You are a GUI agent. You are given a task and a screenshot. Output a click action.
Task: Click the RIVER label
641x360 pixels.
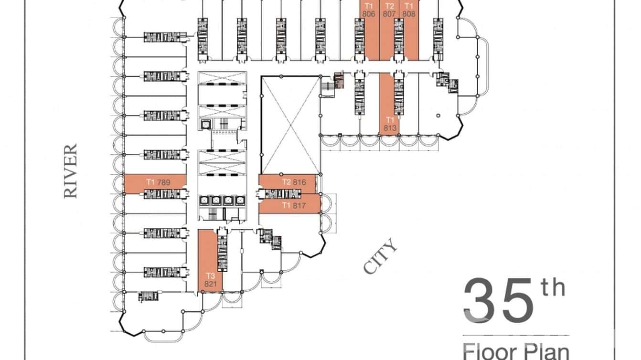tap(71, 171)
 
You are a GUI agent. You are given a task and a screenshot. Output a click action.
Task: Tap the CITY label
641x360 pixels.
tap(380, 256)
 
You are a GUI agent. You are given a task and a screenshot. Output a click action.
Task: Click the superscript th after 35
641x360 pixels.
tap(553, 288)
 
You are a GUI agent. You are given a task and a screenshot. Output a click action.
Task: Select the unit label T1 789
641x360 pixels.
tap(159, 182)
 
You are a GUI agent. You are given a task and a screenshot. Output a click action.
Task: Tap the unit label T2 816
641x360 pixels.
tap(293, 182)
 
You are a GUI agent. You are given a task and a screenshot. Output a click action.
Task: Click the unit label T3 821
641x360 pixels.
tap(211, 280)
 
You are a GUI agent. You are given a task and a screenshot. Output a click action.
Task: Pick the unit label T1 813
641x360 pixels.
tap(390, 124)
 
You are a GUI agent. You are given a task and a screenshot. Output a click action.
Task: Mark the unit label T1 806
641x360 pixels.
tap(368, 10)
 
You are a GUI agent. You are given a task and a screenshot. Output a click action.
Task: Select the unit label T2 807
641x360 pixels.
tap(389, 10)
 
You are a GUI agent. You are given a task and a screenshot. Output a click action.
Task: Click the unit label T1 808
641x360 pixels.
tap(409, 10)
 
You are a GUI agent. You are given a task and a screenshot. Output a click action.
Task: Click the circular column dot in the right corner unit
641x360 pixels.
tap(438, 116)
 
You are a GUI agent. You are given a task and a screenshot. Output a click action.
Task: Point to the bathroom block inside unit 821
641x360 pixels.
tap(223, 254)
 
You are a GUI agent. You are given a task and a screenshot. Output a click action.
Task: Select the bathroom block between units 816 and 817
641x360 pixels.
tap(280, 193)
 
